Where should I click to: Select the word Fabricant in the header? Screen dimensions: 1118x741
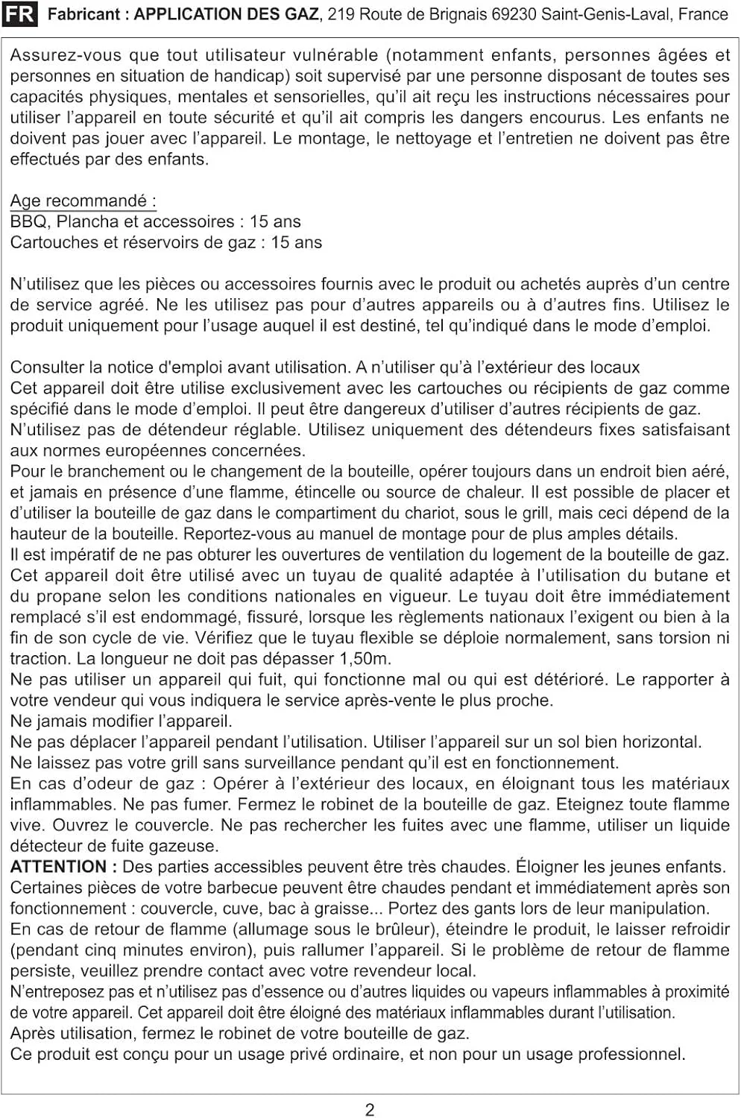click(83, 14)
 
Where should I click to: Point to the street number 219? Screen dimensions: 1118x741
click(341, 14)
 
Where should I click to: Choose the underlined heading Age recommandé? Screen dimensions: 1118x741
click(83, 200)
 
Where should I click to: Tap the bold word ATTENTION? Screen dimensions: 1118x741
click(58, 867)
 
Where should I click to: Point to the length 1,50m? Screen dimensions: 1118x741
click(365, 659)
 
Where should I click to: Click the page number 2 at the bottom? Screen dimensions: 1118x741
click(370, 1109)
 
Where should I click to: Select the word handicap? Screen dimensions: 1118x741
click(251, 76)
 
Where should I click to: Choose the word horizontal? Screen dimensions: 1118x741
click(658, 742)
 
